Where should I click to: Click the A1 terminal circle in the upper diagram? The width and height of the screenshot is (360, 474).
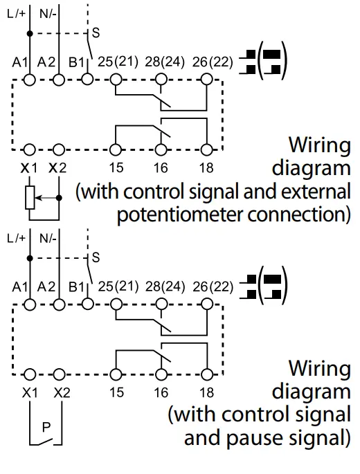click(x=30, y=80)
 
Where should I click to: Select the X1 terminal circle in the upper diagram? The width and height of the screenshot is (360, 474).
click(x=30, y=149)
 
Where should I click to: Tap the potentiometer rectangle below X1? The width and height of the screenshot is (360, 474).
click(x=30, y=198)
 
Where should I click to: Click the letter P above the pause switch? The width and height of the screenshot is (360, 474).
click(x=46, y=427)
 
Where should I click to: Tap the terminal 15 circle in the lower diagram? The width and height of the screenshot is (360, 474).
click(x=115, y=374)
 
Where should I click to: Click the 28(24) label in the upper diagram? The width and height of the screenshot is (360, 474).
click(x=165, y=62)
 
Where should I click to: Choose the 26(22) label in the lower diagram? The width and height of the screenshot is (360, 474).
click(x=213, y=286)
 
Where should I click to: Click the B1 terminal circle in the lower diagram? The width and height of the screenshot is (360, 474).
click(x=88, y=304)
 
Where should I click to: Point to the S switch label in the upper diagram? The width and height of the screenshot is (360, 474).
click(x=96, y=33)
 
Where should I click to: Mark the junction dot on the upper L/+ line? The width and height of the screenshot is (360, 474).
click(x=30, y=33)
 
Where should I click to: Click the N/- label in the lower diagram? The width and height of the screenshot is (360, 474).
click(x=48, y=239)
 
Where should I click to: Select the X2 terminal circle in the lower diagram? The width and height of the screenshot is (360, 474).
click(x=59, y=374)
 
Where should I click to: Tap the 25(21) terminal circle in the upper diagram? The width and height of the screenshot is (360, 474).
click(x=115, y=80)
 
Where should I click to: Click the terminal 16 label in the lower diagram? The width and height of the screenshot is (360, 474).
click(x=161, y=392)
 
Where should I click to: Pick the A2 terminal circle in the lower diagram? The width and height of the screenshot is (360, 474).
click(x=59, y=304)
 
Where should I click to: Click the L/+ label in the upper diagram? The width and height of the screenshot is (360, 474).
click(x=17, y=14)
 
